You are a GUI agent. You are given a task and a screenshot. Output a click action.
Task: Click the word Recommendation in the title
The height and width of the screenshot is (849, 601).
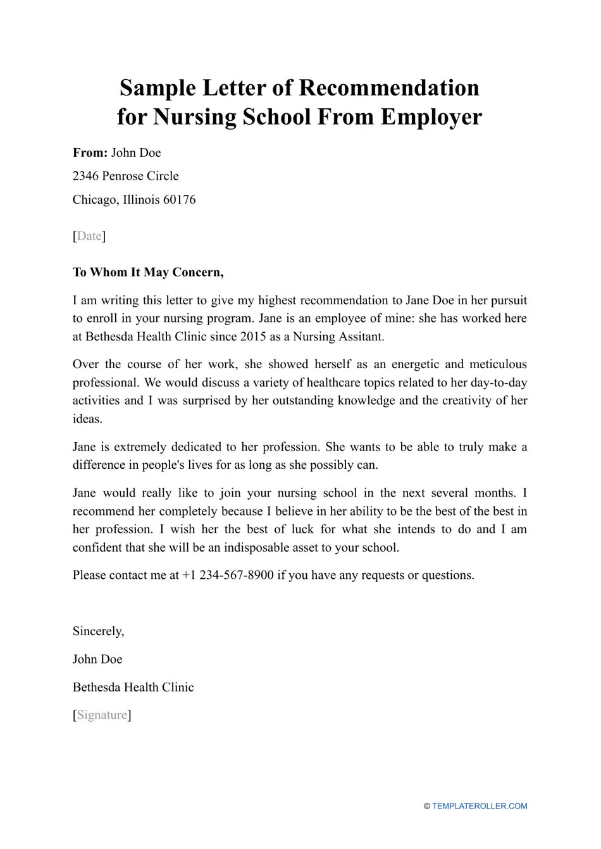point(388,87)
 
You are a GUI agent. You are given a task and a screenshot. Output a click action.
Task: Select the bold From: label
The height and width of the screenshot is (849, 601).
point(90,152)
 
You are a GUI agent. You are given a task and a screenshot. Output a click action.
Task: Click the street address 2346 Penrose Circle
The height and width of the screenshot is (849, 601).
point(125,176)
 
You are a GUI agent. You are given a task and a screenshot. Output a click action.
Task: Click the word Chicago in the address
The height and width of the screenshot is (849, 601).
point(94,199)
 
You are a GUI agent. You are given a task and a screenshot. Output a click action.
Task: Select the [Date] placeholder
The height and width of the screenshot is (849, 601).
point(89,236)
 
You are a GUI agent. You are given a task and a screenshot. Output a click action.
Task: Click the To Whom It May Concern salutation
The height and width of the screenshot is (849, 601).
point(148,272)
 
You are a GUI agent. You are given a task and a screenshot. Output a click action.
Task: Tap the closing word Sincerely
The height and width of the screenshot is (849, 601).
point(98,631)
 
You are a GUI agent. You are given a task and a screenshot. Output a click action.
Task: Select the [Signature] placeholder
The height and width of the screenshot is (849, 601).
point(102,715)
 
